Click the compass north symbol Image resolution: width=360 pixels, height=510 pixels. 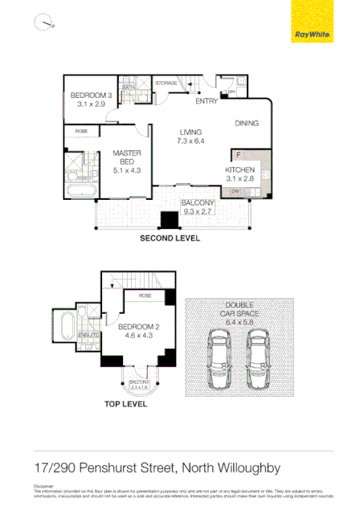pyautogui.click(x=43, y=22)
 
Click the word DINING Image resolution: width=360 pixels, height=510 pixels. pyautogui.click(x=247, y=123)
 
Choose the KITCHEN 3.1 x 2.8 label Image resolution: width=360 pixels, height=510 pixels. pyautogui.click(x=239, y=175)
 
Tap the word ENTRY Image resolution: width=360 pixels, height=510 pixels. pyautogui.click(x=207, y=102)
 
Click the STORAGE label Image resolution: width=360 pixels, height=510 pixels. pyautogui.click(x=166, y=83)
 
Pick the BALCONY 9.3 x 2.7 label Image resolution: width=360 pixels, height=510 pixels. pyautogui.click(x=197, y=207)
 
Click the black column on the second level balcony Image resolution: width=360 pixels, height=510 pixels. pyautogui.click(x=171, y=220)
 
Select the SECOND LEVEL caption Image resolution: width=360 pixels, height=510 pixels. pyautogui.click(x=170, y=239)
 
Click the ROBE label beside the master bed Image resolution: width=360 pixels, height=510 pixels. pyautogui.click(x=82, y=131)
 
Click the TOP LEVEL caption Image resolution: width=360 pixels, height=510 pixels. pyautogui.click(x=125, y=406)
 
